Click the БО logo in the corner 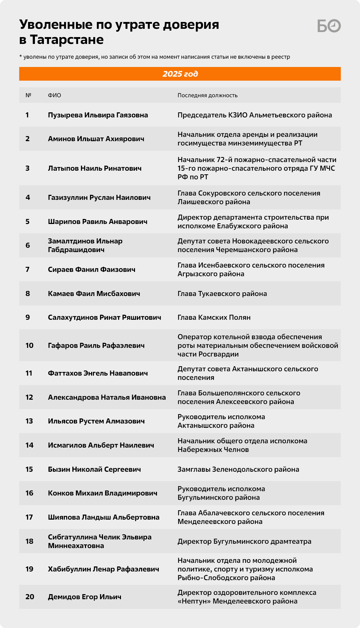point(329,26)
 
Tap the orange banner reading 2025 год point(180,74)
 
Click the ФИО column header point(54,95)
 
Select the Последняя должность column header point(207,95)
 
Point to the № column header point(28,95)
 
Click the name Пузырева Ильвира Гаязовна point(98,115)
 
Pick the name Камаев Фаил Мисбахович point(94,293)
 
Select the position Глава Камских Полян point(214,317)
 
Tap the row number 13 point(29,421)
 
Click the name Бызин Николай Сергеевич point(94,469)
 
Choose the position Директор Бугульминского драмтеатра point(244,541)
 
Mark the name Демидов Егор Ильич point(85,597)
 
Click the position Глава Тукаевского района point(222,293)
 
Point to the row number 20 point(30,597)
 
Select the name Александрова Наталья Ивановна point(107,397)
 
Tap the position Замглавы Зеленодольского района point(238,469)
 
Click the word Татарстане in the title point(67,40)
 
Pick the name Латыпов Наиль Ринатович point(95,168)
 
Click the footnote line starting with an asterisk point(154,57)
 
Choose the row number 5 point(27,221)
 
